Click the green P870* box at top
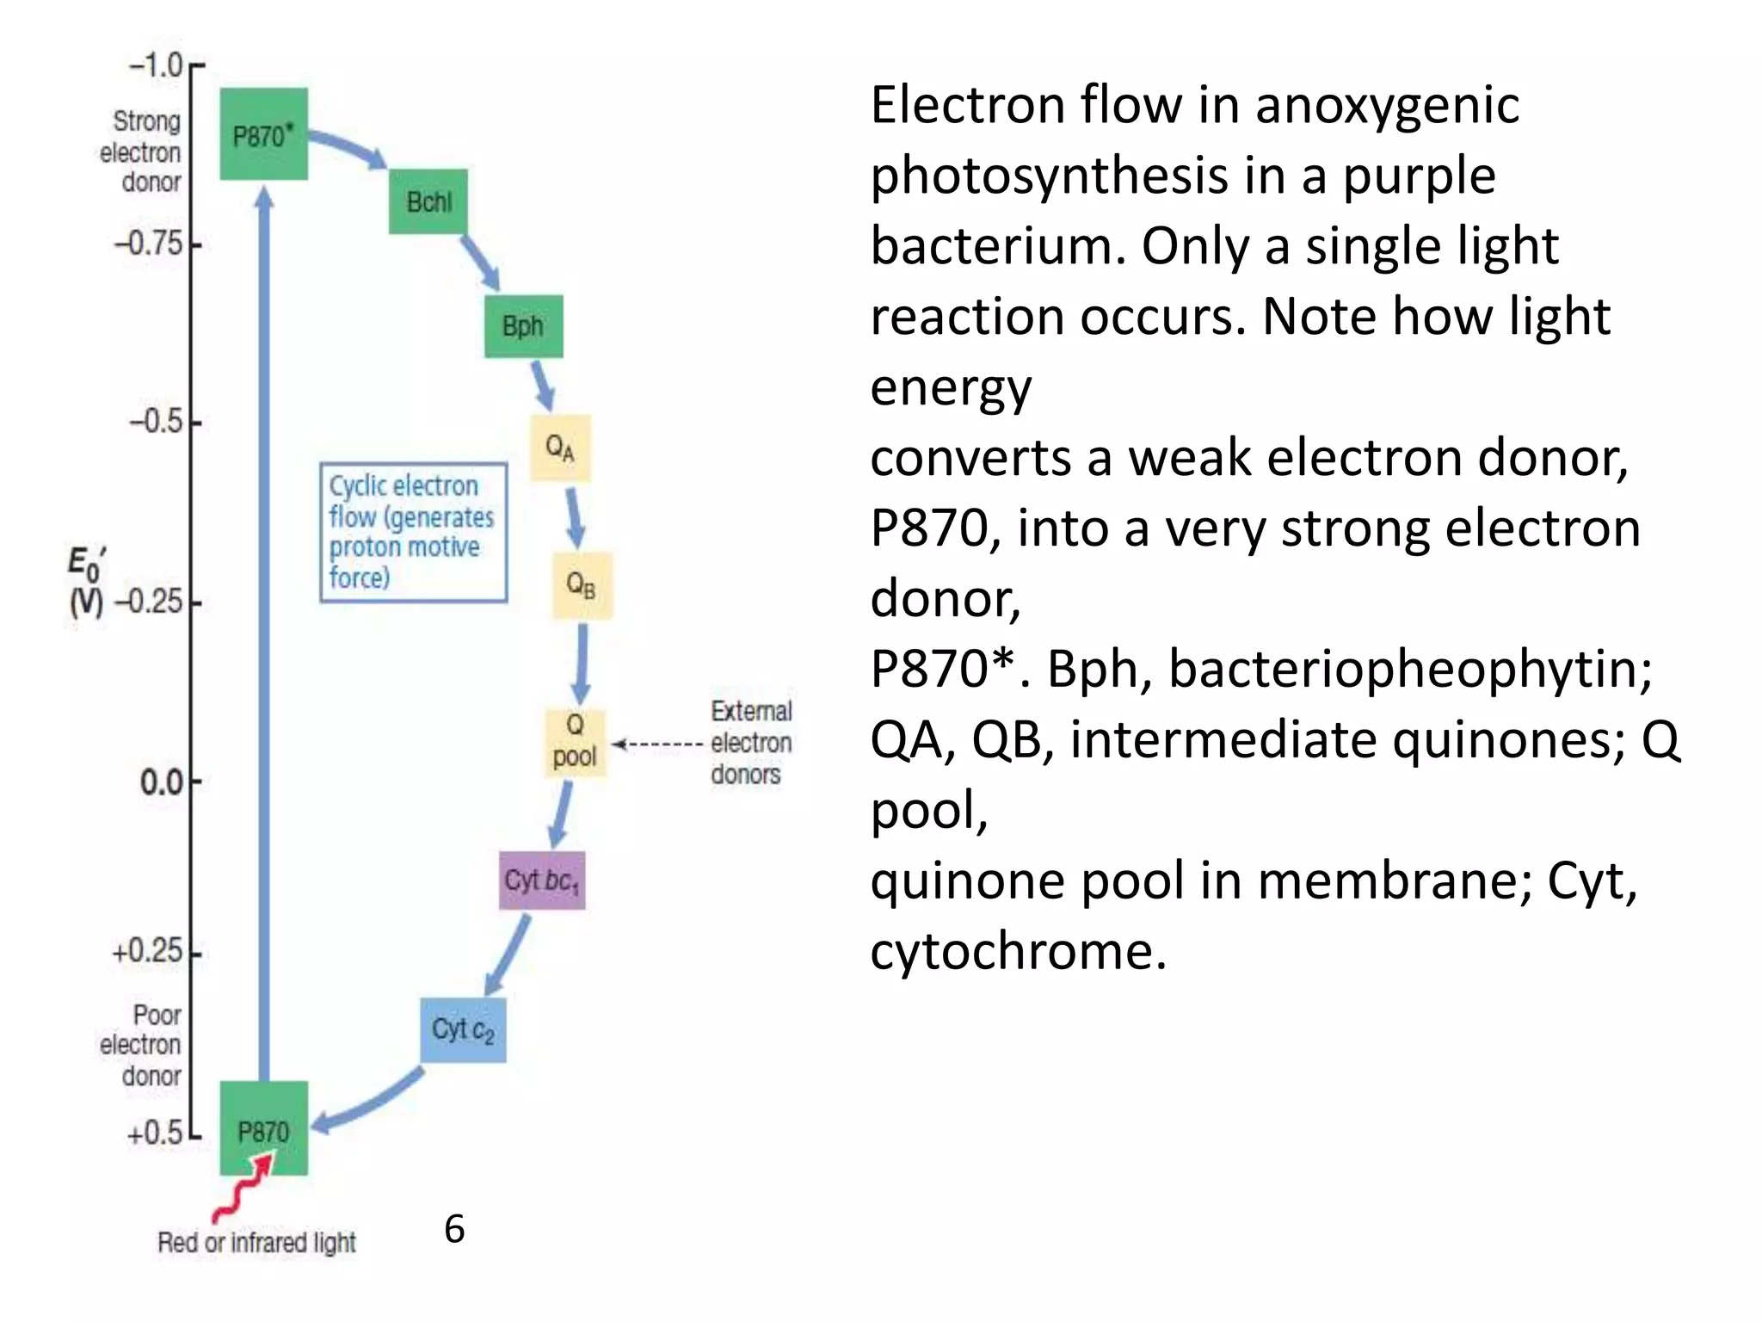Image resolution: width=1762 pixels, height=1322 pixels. (263, 134)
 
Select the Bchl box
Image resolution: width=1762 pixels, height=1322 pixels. (428, 201)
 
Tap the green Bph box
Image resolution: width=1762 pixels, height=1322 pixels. (523, 326)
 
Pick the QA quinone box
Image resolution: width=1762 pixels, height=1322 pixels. (560, 448)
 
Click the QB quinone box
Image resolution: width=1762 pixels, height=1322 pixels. (582, 585)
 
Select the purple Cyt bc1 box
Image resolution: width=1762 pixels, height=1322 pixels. (542, 880)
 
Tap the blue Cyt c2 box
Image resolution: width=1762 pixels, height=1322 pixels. (463, 1029)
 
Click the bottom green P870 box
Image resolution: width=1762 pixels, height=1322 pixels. (263, 1129)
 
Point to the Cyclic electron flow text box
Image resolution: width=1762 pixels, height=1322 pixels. (413, 532)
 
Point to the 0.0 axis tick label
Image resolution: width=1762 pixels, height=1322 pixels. (162, 782)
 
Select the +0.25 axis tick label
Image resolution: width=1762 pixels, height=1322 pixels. (148, 951)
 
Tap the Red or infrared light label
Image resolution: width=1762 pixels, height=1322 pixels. (256, 1243)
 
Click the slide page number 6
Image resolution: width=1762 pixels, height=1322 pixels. (454, 1229)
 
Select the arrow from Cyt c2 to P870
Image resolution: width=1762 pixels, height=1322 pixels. (366, 1104)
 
